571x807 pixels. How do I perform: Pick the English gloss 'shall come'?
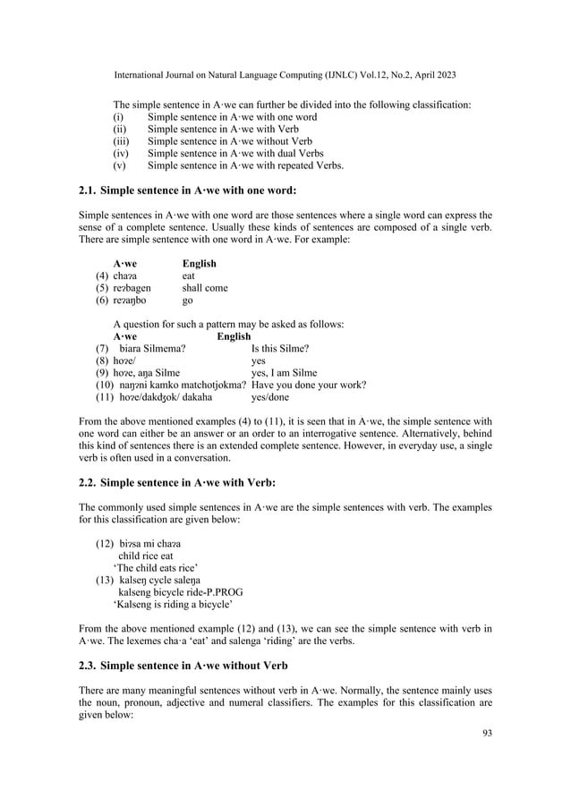[205, 289]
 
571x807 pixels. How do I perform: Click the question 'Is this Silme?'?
[280, 348]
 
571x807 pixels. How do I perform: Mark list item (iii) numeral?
[120, 140]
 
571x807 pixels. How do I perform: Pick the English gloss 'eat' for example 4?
[189, 276]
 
